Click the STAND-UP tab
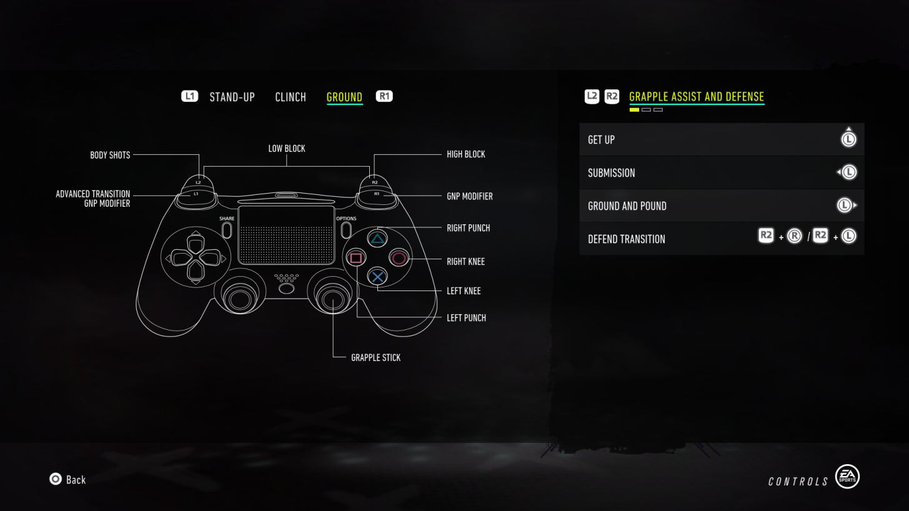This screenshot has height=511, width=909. (x=232, y=97)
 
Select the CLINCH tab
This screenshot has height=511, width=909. (x=291, y=97)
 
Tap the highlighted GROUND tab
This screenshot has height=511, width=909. (x=344, y=97)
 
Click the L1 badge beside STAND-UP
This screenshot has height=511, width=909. (x=189, y=96)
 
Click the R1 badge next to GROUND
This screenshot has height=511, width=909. (x=384, y=96)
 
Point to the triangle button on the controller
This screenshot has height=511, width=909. (x=377, y=238)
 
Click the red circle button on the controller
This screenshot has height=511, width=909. (x=399, y=257)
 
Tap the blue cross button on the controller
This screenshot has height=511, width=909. (x=377, y=276)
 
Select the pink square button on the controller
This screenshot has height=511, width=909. (x=355, y=257)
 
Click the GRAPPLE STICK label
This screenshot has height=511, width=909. (x=375, y=358)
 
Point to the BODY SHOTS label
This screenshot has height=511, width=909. (x=110, y=155)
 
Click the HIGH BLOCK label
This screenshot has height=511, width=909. (x=465, y=154)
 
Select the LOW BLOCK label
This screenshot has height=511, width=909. (x=287, y=149)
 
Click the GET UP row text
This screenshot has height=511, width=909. (x=601, y=140)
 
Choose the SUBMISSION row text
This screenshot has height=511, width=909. (x=611, y=173)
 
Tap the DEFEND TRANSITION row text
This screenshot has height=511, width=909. (x=626, y=239)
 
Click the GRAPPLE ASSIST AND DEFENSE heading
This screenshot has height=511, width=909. (x=696, y=97)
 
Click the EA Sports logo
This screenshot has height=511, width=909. (x=847, y=477)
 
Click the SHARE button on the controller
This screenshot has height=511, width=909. (x=227, y=229)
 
